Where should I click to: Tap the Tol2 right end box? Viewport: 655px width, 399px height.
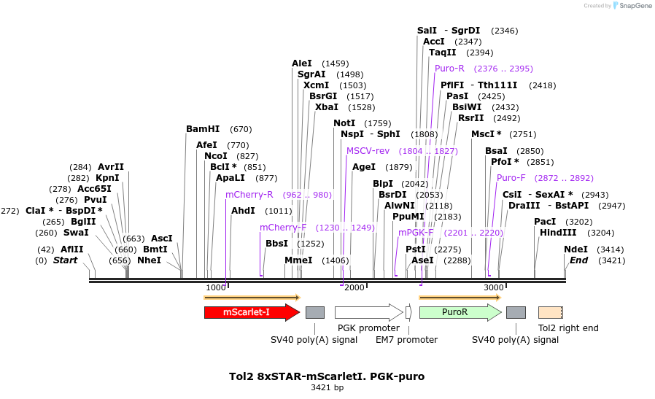click(551, 312)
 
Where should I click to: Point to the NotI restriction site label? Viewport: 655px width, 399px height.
click(344, 123)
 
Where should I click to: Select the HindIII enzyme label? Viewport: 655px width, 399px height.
click(558, 233)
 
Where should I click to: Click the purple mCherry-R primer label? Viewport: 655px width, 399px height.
click(249, 195)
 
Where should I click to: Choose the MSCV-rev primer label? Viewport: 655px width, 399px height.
click(368, 151)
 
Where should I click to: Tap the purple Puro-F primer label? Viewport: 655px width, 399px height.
click(511, 178)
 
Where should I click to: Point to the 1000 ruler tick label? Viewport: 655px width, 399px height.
click(216, 287)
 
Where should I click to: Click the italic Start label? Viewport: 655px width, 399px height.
click(66, 260)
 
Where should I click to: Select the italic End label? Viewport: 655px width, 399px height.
click(578, 260)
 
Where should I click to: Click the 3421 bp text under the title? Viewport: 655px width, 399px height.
click(327, 388)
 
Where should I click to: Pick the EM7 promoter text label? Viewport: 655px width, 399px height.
click(406, 340)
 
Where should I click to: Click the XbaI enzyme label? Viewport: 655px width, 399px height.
click(326, 107)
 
